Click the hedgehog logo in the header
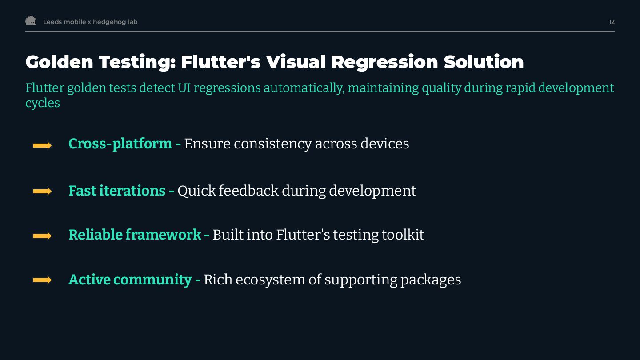coord(31,21)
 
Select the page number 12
coord(612,22)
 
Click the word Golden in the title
coord(59,62)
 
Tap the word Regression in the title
coord(384,62)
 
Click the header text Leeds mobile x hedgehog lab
coord(90,22)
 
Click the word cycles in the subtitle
coord(43,103)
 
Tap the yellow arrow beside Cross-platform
coord(42,145)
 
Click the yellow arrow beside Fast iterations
coord(42,191)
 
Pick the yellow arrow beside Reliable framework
coord(42,236)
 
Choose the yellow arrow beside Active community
coord(42,280)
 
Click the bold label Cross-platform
coord(120,144)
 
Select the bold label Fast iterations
coord(117,191)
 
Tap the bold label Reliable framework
coord(135,235)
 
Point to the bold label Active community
coord(130,280)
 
